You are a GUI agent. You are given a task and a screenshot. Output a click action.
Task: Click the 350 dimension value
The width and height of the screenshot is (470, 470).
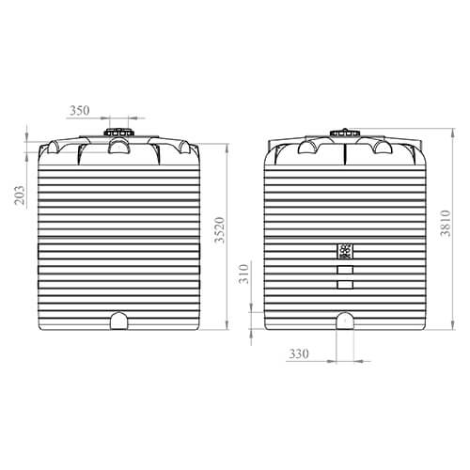coord(79,110)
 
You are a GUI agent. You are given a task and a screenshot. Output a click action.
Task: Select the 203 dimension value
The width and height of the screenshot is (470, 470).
coord(20,195)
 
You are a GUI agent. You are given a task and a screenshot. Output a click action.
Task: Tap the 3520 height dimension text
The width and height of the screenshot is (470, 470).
coord(220,229)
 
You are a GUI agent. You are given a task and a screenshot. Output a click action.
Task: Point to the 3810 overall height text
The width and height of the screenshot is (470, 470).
coord(446,223)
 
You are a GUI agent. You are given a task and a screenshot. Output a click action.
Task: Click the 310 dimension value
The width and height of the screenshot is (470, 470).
coord(243,274)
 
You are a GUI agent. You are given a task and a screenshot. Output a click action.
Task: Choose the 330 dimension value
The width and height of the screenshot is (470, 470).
coord(299,353)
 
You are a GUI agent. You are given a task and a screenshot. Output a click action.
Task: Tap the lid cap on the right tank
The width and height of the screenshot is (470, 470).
coord(345,133)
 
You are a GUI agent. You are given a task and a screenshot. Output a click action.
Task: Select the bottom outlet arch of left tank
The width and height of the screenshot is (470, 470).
coord(119,321)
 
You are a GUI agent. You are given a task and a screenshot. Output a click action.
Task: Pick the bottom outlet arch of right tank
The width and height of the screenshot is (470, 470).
coord(345,321)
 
